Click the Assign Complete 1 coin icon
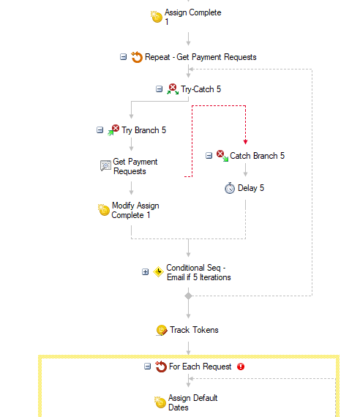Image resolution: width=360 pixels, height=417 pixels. (157, 17)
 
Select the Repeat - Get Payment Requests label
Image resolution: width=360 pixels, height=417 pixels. (200, 57)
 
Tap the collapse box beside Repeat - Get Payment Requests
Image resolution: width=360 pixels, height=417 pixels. (123, 57)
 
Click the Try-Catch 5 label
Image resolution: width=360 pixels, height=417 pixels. (201, 89)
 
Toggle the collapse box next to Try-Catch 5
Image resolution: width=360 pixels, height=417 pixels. (159, 89)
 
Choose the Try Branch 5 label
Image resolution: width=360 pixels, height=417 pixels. (143, 130)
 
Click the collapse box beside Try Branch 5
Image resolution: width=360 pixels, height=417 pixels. (100, 130)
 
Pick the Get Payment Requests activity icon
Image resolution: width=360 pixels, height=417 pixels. (105, 165)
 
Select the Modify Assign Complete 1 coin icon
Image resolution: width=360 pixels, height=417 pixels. (103, 210)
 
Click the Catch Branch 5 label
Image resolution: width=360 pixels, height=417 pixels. (258, 156)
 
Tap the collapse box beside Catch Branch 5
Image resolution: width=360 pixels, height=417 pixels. (209, 156)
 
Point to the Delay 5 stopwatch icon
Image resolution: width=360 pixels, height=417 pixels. (230, 188)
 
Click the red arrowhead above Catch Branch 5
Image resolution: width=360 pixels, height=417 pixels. (245, 142)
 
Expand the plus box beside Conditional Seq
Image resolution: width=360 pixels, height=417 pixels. (146, 272)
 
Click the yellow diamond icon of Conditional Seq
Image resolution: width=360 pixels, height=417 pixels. (158, 272)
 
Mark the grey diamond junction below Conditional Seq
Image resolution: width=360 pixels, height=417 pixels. (188, 296)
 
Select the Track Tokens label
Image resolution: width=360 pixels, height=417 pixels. (194, 330)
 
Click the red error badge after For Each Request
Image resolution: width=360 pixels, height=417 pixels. (241, 367)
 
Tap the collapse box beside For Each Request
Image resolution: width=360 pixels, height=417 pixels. (147, 367)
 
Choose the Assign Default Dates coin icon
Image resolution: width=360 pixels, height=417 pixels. (160, 402)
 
